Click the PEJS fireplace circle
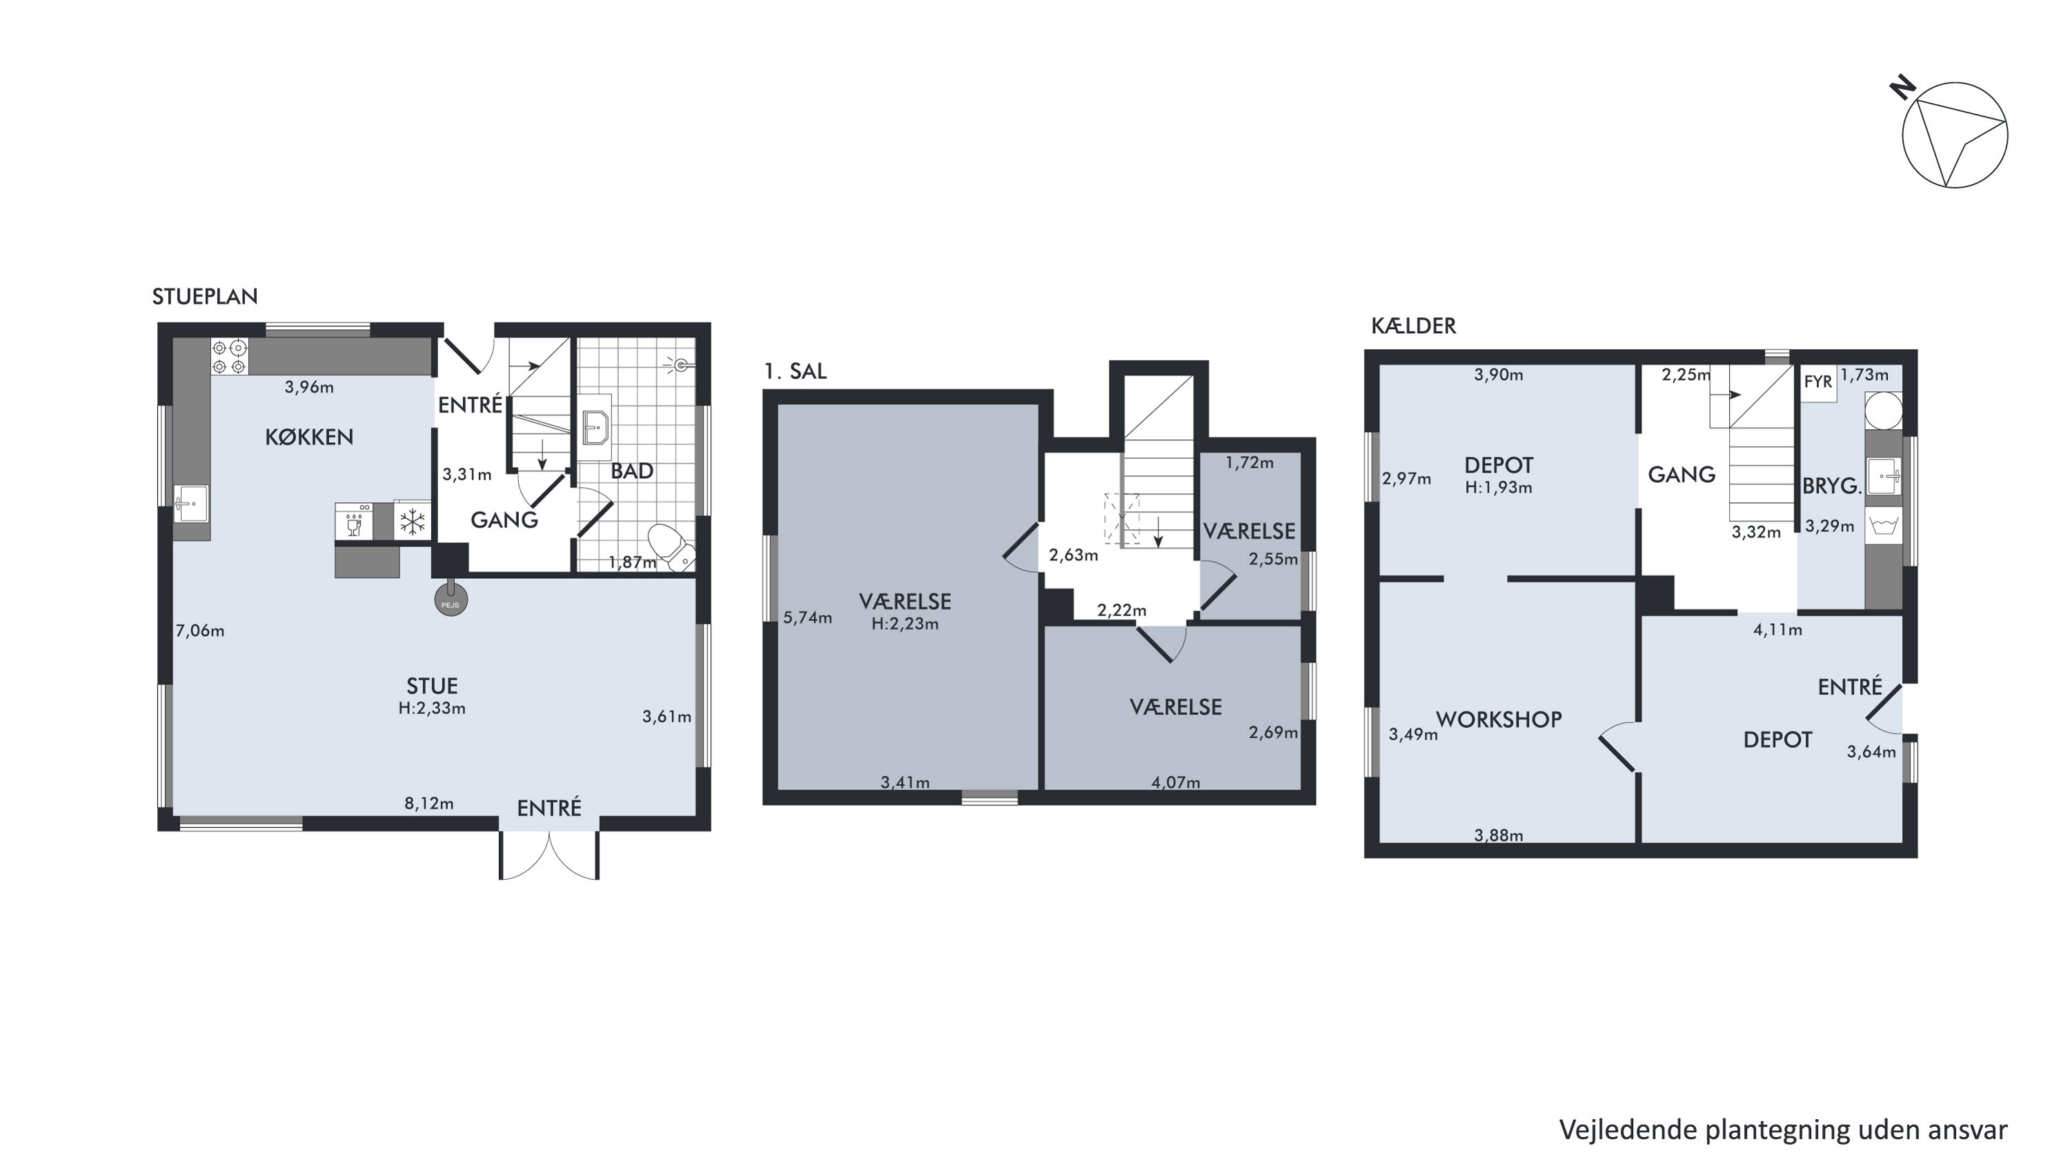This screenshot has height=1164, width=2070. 451,600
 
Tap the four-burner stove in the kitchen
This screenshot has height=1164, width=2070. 229,357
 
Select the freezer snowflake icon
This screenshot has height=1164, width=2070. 412,522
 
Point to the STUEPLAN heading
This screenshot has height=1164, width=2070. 205,297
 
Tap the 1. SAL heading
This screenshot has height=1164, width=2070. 795,371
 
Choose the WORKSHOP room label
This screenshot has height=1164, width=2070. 1499,720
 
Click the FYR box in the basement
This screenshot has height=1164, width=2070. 1817,382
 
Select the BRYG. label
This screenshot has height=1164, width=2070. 1831,486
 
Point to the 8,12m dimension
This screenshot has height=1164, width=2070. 428,803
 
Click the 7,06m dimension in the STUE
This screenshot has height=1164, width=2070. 200,631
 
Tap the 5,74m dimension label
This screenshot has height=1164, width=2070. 807,618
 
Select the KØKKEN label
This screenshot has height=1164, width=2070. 309,437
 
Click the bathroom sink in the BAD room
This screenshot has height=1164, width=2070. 595,426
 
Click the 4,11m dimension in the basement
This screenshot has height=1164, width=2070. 1777,630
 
